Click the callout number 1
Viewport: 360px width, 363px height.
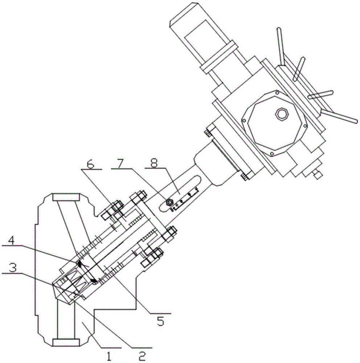pos(109,356)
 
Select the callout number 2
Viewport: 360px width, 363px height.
pos(142,356)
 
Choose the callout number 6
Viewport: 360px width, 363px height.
pos(90,164)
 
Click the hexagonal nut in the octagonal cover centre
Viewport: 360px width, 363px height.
pos(282,114)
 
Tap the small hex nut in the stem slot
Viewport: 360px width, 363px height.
pos(169,202)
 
